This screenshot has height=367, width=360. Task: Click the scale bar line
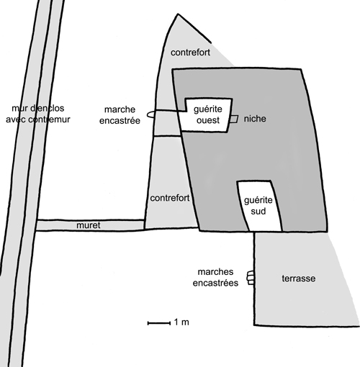(x=159, y=323)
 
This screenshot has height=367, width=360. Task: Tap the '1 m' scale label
(x=181, y=322)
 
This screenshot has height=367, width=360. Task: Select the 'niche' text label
(x=255, y=119)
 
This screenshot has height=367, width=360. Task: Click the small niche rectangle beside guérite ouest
(x=233, y=119)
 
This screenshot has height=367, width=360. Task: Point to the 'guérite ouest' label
(x=208, y=114)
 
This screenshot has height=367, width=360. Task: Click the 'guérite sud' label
(x=258, y=206)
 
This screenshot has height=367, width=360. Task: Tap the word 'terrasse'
(x=299, y=278)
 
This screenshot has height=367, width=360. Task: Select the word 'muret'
(x=89, y=225)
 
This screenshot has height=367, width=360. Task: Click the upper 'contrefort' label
(x=190, y=53)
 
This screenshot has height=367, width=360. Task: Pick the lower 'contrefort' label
(x=170, y=198)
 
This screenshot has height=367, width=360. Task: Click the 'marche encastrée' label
(x=120, y=115)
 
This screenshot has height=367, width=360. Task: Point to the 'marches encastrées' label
(x=215, y=278)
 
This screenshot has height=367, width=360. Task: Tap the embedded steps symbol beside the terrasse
(x=251, y=278)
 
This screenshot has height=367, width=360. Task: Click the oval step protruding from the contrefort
(x=150, y=114)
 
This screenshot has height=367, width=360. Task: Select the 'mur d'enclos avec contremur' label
(x=38, y=114)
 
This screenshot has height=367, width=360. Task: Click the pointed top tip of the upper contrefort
(x=178, y=14)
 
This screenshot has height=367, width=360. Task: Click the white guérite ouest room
(x=207, y=115)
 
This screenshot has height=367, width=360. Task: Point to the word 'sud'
(x=258, y=212)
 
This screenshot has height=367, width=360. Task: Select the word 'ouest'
(x=208, y=120)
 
